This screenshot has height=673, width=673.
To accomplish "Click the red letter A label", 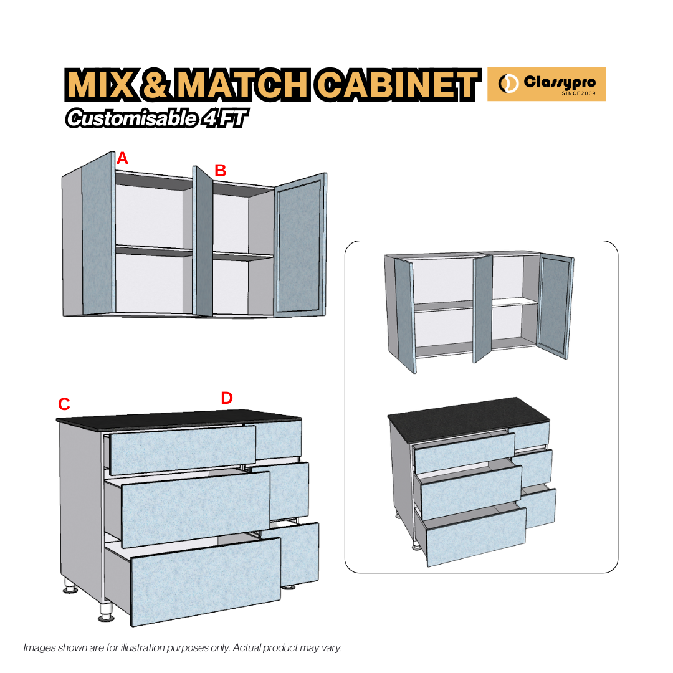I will click(x=122, y=158).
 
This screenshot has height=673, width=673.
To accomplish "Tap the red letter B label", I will click(x=220, y=170).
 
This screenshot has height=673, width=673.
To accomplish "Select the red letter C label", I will click(x=64, y=404).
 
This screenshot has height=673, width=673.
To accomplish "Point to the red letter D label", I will click(x=227, y=398).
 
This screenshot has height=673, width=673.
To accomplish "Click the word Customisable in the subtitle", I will click(x=131, y=118).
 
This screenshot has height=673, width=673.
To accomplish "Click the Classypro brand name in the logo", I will click(x=559, y=82).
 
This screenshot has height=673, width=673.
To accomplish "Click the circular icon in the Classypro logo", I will click(x=508, y=84).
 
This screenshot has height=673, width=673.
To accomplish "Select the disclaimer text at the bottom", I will click(x=183, y=647).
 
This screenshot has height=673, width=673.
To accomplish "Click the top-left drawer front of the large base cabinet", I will click(x=182, y=449).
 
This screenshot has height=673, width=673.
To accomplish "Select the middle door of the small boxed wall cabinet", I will click(x=482, y=308).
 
